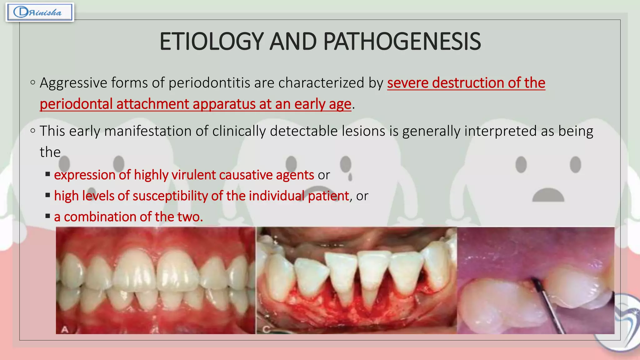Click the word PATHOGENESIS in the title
402,42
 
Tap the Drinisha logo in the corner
40,12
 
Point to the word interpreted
500,131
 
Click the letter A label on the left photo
65,329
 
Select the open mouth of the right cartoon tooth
548,196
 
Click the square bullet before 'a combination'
48,216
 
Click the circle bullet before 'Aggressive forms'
33,83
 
